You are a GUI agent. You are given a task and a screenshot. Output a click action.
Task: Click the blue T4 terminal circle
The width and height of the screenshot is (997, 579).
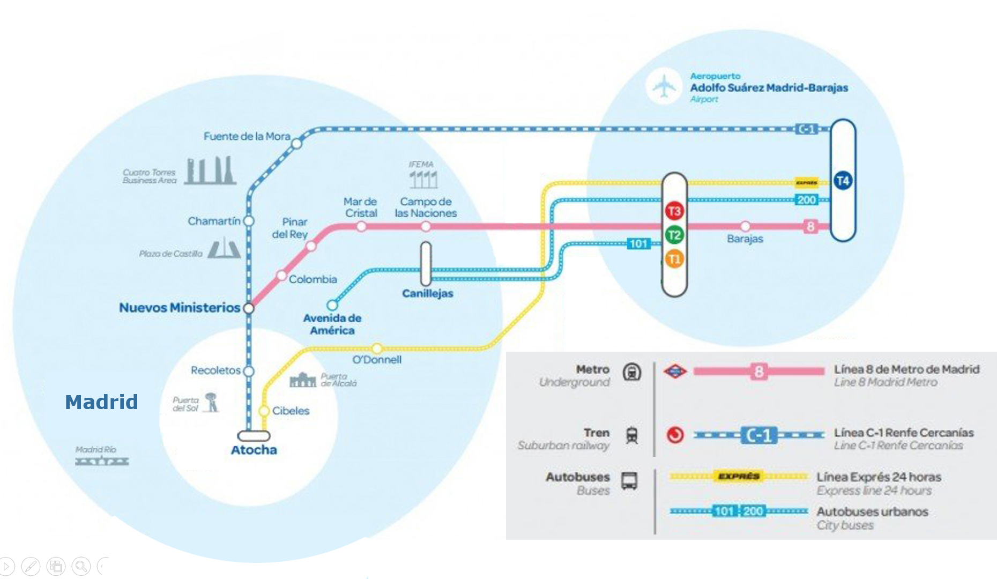coord(843,181)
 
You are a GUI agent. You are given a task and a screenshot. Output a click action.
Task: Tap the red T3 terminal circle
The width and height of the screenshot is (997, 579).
coord(674,211)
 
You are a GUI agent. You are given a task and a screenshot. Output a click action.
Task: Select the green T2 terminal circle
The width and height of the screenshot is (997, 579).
coord(674,235)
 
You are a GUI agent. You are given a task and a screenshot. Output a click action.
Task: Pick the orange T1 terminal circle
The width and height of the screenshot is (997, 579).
coord(674,259)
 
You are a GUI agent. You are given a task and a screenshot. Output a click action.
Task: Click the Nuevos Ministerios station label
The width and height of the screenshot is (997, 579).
coord(180,308)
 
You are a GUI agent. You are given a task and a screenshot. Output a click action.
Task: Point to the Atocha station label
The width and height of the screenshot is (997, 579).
coord(254,450)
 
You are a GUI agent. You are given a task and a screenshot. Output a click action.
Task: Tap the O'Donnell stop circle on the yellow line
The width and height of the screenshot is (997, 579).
coord(377,348)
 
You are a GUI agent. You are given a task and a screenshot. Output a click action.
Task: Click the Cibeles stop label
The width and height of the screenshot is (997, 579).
coord(291,411)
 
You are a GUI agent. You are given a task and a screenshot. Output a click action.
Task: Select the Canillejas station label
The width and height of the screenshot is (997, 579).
coord(428,293)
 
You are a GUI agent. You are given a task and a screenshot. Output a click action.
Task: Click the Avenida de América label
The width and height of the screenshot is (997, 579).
coord(332,324)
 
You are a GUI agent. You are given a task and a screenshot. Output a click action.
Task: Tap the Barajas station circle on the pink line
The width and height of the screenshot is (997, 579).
coord(745,226)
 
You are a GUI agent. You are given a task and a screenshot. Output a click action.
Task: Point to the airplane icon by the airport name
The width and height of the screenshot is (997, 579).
coord(664,86)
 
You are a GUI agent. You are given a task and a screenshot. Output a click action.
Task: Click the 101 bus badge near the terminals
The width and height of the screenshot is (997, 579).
coord(638,244)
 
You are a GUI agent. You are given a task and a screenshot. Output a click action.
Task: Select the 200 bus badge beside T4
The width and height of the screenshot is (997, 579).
coord(806,200)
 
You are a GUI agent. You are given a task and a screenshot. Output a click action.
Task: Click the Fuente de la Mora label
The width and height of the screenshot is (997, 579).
coord(247,136)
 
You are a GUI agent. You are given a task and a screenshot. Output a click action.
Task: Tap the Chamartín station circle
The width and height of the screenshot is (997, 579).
coord(249,221)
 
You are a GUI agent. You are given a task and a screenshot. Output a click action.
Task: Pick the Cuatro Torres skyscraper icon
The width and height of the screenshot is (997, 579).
coord(211,170)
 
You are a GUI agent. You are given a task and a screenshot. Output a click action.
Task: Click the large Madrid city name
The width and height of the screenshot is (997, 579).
coord(101,402)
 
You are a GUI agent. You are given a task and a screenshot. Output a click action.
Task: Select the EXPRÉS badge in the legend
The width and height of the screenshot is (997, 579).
coord(739,476)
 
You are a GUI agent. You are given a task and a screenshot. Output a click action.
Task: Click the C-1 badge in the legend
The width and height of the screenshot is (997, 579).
coord(759,435)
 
